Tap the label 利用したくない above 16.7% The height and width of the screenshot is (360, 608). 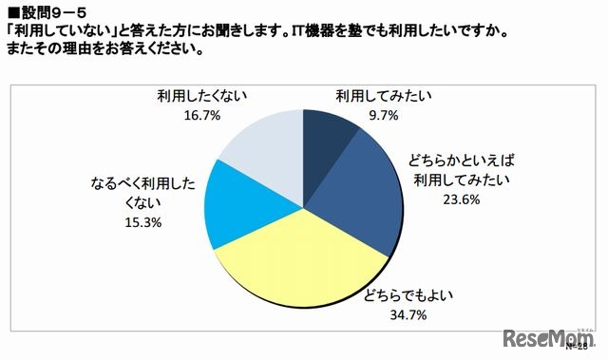point(203,97)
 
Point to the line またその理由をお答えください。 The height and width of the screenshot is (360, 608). point(104,51)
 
